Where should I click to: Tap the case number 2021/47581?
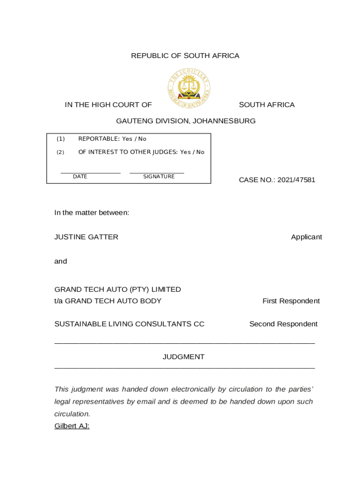296,180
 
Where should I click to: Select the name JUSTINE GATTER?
86,237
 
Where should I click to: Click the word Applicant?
306,237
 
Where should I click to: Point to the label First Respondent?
291,301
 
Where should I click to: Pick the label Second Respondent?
283,324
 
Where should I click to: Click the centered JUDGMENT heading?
183,357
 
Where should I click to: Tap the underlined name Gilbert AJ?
72,426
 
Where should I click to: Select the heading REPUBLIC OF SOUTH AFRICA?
185,56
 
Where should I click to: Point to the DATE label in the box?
80,177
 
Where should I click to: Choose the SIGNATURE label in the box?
159,177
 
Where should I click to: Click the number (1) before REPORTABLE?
61,139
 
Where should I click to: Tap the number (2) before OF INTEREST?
61,152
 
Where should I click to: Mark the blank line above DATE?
90,173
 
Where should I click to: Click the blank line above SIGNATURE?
157,173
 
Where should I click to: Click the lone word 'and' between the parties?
61,261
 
